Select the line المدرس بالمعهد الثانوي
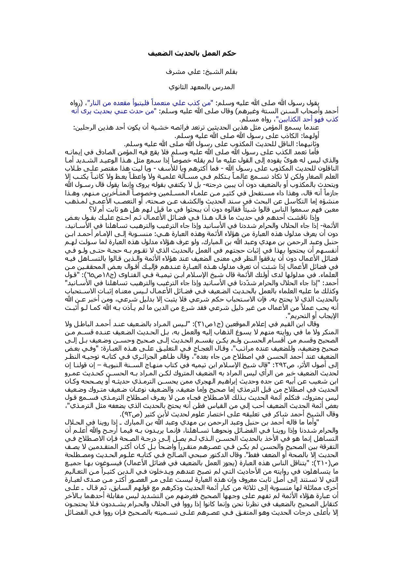click(201, 87)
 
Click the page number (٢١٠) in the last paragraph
click(331, 463)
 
